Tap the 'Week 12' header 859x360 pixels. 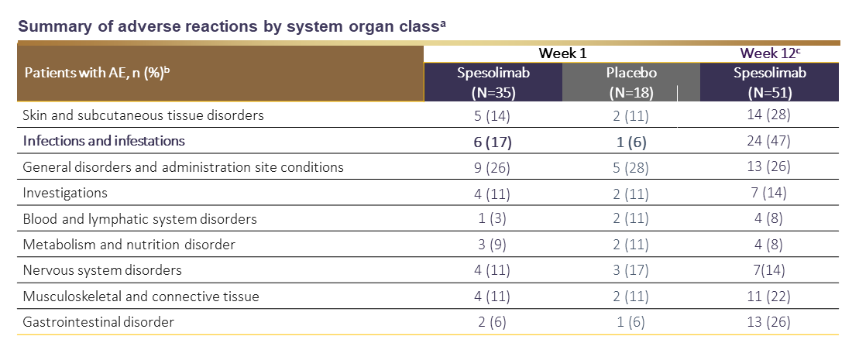[x=769, y=53]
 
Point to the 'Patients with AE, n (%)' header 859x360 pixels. [x=98, y=73]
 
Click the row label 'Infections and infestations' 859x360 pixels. [x=104, y=141]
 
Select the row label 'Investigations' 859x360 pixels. [x=65, y=193]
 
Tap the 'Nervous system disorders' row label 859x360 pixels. [x=102, y=270]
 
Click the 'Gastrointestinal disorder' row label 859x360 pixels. [x=98, y=321]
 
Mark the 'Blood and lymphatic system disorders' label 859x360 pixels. [x=139, y=218]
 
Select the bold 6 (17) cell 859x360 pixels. [x=493, y=142]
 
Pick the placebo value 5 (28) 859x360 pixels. [x=631, y=167]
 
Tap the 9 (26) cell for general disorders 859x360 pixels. [x=493, y=167]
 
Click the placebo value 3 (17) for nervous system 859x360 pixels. [x=631, y=270]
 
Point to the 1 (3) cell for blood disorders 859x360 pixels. [x=493, y=218]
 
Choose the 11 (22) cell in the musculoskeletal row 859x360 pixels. [x=769, y=296]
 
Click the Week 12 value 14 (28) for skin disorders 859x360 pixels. [x=769, y=115]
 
